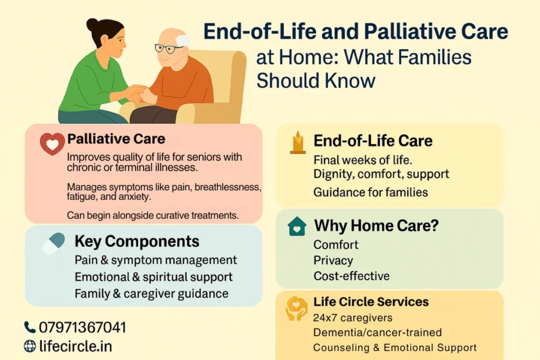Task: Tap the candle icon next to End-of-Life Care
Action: pyautogui.click(x=297, y=142)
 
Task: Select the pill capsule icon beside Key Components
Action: pyautogui.click(x=54, y=244)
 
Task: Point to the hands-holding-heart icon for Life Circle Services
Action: pyautogui.click(x=296, y=308)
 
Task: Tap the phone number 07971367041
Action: pyautogui.click(x=82, y=327)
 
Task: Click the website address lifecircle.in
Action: pyautogui.click(x=75, y=346)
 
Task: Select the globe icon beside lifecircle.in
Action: pyautogui.click(x=30, y=346)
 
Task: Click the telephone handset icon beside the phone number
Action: pyautogui.click(x=30, y=327)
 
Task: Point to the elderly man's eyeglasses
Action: pyautogui.click(x=169, y=48)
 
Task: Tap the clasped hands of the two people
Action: pyautogui.click(x=138, y=93)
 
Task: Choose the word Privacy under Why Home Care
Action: pyautogui.click(x=333, y=260)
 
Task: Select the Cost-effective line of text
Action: pyautogui.click(x=351, y=276)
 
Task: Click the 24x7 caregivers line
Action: pyautogui.click(x=353, y=318)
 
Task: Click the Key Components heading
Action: pyautogui.click(x=137, y=241)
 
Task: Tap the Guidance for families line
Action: pyautogui.click(x=371, y=192)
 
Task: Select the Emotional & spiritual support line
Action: pyautogui.click(x=153, y=277)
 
